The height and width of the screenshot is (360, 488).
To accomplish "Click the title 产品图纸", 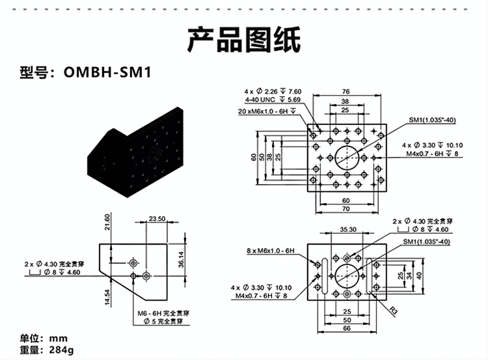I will pyautogui.click(x=244, y=40).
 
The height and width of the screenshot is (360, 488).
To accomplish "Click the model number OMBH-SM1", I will pyautogui.click(x=108, y=72).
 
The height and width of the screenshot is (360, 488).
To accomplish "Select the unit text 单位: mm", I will pyautogui.click(x=44, y=339).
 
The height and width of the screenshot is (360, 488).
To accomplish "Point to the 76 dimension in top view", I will pyautogui.click(x=346, y=91).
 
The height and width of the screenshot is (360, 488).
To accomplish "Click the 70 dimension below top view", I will pyautogui.click(x=346, y=210).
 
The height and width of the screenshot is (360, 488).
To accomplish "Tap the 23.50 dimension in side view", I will pyautogui.click(x=157, y=219).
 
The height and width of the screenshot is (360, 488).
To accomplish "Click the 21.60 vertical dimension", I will pyautogui.click(x=107, y=227).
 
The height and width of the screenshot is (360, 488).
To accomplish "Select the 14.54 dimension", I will pyautogui.click(x=107, y=296).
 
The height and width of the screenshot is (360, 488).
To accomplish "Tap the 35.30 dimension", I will pyautogui.click(x=347, y=229).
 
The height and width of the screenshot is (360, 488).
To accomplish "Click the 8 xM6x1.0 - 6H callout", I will pyautogui.click(x=271, y=250).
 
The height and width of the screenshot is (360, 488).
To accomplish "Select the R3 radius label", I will pyautogui.click(x=393, y=309).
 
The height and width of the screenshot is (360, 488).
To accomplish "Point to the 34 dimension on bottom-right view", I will pyautogui.click(x=410, y=275).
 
